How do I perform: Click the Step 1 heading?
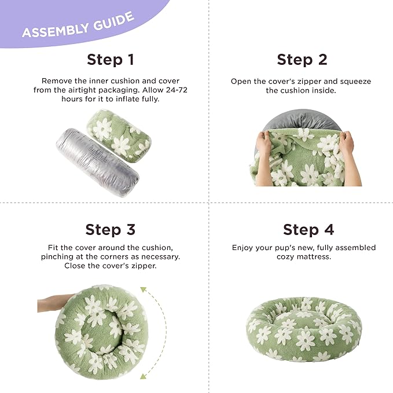[x=111, y=60]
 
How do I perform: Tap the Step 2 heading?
[x=302, y=60]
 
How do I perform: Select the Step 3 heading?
[x=111, y=230]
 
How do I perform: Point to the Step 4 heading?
[x=308, y=230]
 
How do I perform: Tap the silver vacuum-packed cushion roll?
[x=97, y=162]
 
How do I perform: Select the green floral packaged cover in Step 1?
[x=119, y=136]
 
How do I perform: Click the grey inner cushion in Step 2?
[x=303, y=120]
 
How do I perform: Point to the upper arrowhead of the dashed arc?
[x=143, y=289]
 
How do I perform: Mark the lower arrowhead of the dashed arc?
[x=143, y=376]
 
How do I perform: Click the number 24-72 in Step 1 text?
[x=177, y=90]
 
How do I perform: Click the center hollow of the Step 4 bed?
[x=302, y=319]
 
